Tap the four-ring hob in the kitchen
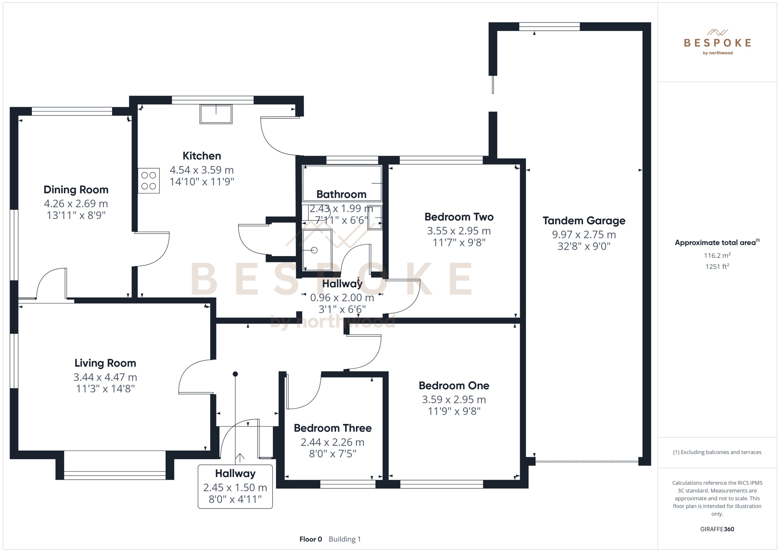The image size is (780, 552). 148,181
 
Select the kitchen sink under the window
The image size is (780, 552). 216,114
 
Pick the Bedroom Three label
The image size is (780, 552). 333,428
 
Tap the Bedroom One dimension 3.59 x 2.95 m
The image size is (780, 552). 454,399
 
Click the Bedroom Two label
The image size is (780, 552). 459,217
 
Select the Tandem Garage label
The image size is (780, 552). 584,221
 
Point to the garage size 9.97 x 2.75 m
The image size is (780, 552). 584,234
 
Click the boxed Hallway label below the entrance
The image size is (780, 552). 235,474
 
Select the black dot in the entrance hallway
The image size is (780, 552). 235,374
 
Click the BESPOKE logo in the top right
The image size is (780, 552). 717,43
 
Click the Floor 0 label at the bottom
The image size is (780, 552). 310,539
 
